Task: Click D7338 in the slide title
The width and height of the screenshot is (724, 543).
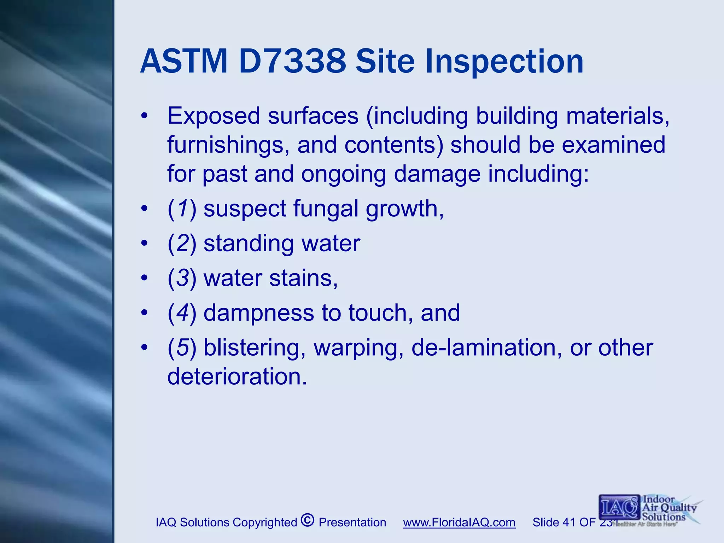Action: [292, 62]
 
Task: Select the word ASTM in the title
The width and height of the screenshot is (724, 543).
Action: [184, 62]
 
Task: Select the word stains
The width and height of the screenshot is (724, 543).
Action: [303, 278]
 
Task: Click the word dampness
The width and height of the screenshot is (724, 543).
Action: [259, 313]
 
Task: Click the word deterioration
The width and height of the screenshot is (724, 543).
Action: [237, 377]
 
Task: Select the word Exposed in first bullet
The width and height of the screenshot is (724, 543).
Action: [214, 116]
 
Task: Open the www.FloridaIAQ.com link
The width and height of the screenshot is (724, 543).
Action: [459, 522]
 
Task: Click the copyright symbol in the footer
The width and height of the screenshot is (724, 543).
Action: [308, 520]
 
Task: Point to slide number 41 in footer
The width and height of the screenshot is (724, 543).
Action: [568, 522]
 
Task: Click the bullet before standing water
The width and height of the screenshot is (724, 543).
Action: [144, 244]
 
